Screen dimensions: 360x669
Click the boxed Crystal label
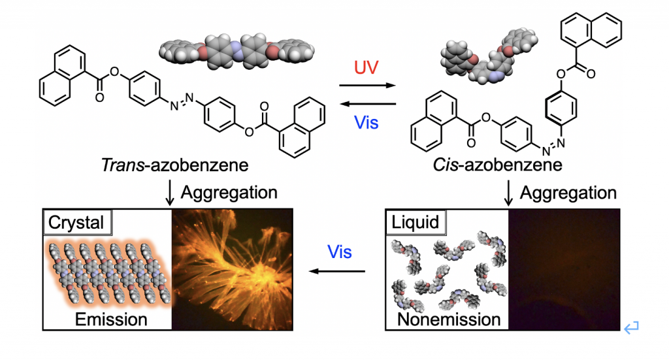click(77, 223)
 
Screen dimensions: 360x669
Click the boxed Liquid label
click(416, 223)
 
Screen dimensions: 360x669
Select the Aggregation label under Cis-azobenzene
click(568, 193)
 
